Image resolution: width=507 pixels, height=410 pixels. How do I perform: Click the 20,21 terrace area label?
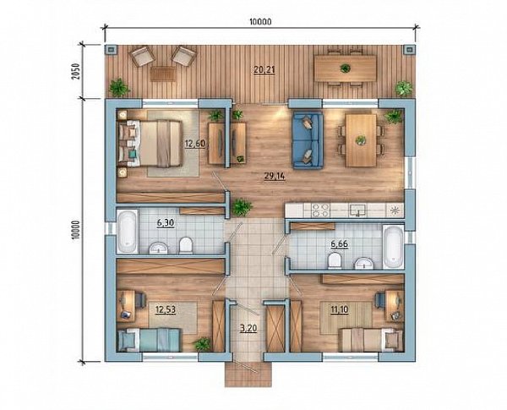[x=264, y=69]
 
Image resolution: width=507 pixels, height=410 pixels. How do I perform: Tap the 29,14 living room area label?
[x=275, y=177]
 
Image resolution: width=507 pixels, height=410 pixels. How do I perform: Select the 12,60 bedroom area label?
[x=195, y=144]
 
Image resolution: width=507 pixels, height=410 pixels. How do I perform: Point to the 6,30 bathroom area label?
[x=166, y=223]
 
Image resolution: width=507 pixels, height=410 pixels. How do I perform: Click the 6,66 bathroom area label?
[x=339, y=244]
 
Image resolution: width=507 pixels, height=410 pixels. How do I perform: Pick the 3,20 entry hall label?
[x=248, y=329]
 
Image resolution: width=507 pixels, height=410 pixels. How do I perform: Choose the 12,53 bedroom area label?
[x=166, y=309]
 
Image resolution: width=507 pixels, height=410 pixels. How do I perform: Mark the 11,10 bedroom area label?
[x=340, y=309]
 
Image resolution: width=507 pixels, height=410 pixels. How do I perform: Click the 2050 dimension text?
[x=75, y=72]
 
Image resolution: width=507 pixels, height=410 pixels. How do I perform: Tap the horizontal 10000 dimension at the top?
[x=260, y=22]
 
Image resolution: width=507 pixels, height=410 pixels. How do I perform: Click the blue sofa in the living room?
[x=308, y=140]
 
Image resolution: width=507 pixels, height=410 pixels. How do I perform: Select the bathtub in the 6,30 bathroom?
[x=127, y=232]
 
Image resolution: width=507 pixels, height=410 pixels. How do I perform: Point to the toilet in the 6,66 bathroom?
[x=335, y=261]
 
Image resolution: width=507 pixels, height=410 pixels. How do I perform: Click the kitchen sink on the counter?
[x=357, y=210]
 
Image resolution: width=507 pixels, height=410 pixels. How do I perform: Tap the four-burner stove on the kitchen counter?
[x=320, y=210]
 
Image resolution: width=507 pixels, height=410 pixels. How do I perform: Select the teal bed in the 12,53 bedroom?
[x=149, y=340]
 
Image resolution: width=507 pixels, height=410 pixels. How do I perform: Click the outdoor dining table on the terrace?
[x=346, y=68]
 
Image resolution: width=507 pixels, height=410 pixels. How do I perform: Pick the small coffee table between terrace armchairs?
[x=163, y=74]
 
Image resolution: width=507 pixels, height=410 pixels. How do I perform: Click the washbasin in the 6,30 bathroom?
[x=158, y=248]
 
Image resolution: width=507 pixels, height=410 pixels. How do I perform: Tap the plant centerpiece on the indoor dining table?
[x=360, y=140]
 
